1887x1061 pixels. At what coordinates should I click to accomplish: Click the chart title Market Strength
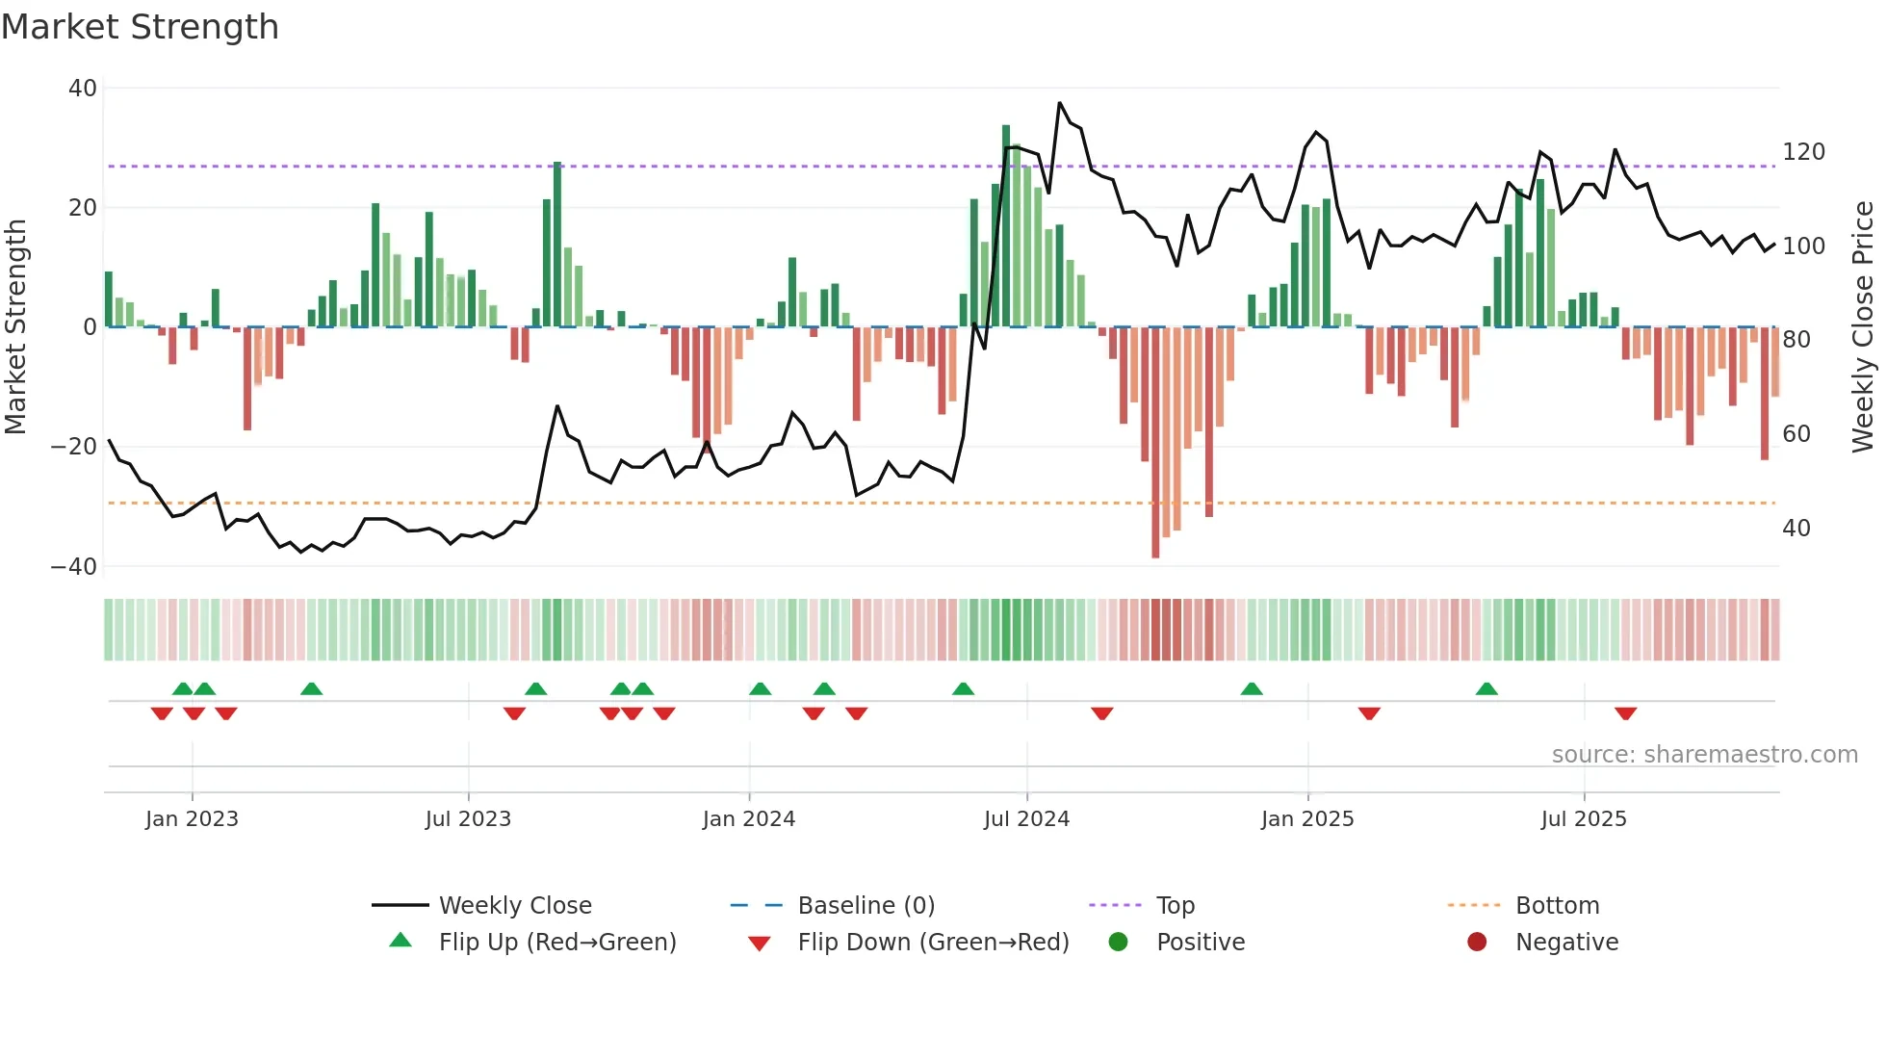coord(140,27)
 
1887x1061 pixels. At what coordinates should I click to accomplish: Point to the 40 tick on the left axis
coord(83,89)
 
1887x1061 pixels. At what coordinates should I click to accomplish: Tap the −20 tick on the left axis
coord(74,447)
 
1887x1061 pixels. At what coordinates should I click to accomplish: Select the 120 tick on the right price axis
coord(1803,152)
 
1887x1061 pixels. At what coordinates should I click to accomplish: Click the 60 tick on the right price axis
coord(1796,434)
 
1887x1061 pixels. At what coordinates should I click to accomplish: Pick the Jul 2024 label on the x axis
coord(1026,819)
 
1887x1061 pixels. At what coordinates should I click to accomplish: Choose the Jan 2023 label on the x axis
coord(192,819)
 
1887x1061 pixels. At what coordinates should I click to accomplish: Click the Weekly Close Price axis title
coord(1863,327)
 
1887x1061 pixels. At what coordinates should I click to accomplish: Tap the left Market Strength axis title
coord(16,327)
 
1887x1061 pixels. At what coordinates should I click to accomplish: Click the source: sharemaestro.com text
coord(1704,755)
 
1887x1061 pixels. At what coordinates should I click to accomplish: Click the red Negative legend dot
coord(1477,943)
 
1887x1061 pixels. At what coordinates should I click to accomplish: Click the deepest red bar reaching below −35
coord(1155,443)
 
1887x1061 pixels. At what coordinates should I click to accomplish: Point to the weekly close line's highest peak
coord(1060,103)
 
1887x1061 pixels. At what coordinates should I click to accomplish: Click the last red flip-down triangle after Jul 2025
coord(1626,713)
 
